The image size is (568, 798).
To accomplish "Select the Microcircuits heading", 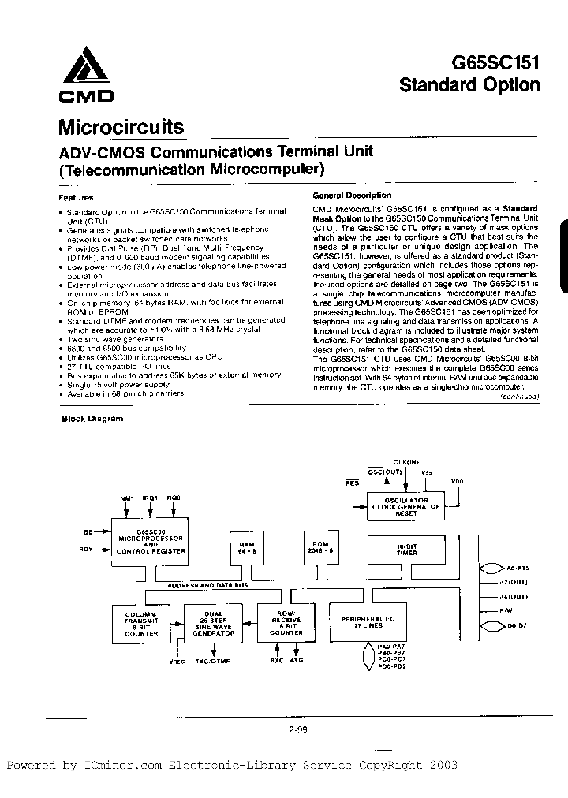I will [x=121, y=128].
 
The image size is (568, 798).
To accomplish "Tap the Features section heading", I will [x=77, y=197].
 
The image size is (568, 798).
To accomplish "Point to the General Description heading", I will [x=351, y=196].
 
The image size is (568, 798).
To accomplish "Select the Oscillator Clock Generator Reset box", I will [x=400, y=505].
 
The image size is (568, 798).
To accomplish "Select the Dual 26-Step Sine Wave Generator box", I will [x=211, y=621].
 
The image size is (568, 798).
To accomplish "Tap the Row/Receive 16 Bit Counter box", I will [x=281, y=621].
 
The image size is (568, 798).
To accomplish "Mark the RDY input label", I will [x=88, y=551].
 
